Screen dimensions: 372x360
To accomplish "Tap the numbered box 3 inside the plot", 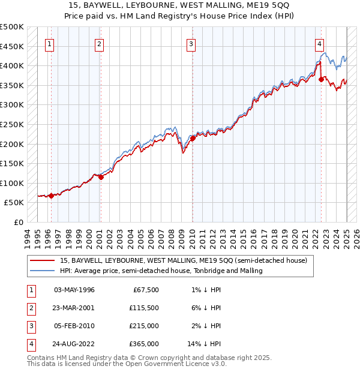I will tap(191, 43).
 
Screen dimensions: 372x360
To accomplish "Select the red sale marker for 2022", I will tap(322, 79).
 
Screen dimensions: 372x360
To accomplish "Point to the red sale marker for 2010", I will tap(193, 138).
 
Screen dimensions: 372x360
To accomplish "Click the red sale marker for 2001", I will tap(101, 177).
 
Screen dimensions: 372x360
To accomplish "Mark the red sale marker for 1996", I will tap(51, 195).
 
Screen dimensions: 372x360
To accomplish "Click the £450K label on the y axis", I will tap(12, 46).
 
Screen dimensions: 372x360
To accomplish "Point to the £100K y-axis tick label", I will tap(12, 183).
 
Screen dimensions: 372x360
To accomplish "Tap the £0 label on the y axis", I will tap(18, 222).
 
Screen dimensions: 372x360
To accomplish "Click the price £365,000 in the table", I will tap(144, 344).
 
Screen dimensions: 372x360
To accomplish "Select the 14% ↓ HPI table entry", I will tap(205, 344).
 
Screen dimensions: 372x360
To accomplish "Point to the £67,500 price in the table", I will tap(146, 290).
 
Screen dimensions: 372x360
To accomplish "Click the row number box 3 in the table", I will tap(30, 326).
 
